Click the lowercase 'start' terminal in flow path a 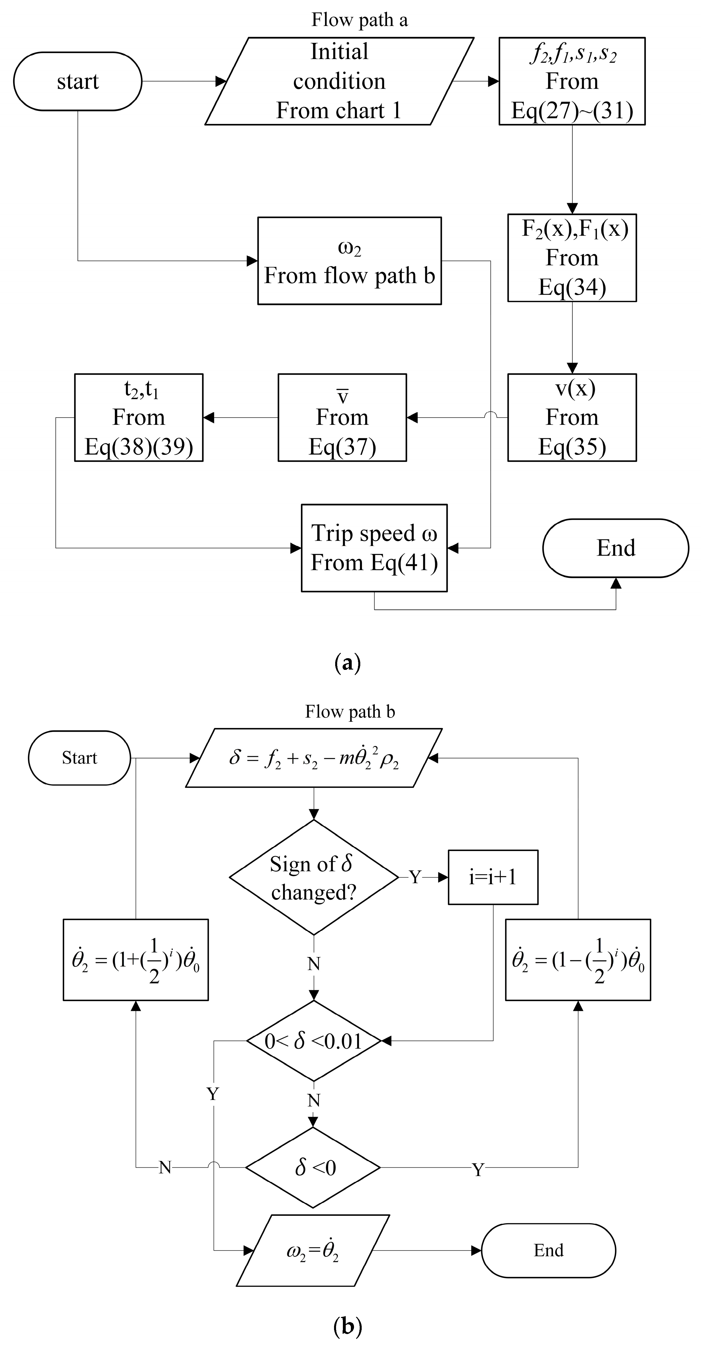click(77, 81)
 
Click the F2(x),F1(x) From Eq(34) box click(572, 258)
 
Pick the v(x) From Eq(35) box click(572, 417)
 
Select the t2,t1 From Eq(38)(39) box click(139, 417)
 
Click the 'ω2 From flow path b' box click(349, 261)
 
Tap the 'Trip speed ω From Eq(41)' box click(374, 548)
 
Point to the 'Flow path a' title click(359, 20)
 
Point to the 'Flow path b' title click(350, 712)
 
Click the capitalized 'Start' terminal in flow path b click(80, 758)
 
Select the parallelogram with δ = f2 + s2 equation click(314, 758)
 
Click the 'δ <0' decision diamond click(314, 1167)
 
